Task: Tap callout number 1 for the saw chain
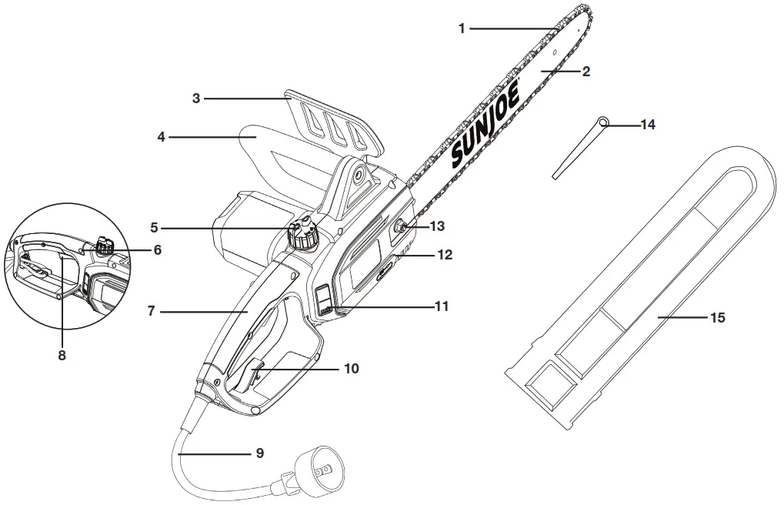pyautogui.click(x=462, y=28)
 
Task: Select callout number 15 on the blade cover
pyautogui.click(x=716, y=316)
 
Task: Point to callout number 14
pyautogui.click(x=648, y=124)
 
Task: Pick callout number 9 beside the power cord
pyautogui.click(x=259, y=453)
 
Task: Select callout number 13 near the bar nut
pyautogui.click(x=436, y=226)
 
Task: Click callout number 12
pyautogui.click(x=445, y=253)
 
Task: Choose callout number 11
pyautogui.click(x=441, y=306)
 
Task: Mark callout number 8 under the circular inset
pyautogui.click(x=62, y=355)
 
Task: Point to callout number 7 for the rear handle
pyautogui.click(x=152, y=312)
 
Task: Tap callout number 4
pyautogui.click(x=162, y=137)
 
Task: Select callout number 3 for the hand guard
pyautogui.click(x=196, y=98)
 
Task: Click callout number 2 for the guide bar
pyautogui.click(x=585, y=72)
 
